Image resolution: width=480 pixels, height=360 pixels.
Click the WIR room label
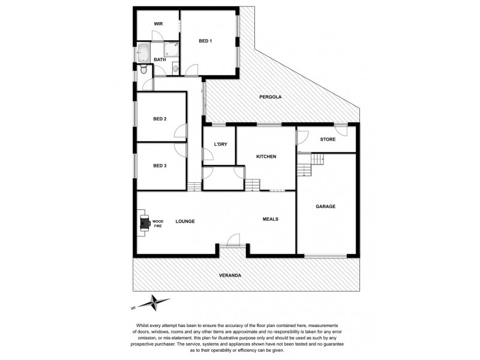pos(158,23)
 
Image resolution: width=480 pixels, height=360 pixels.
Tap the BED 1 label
pos(206,41)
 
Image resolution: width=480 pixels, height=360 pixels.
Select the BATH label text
pos(160,59)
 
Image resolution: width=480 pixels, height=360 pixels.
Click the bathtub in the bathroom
pos(144,52)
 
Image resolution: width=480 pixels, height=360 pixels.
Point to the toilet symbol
pos(142,71)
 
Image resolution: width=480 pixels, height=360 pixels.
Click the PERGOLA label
pos(271,97)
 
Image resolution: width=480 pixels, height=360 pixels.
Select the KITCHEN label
pos(266,157)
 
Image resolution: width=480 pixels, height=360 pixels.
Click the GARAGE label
pos(325,206)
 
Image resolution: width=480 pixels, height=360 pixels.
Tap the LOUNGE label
pos(185,221)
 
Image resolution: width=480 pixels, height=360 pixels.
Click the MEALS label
pos(271,218)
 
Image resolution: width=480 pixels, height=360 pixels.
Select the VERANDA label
pos(230,275)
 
